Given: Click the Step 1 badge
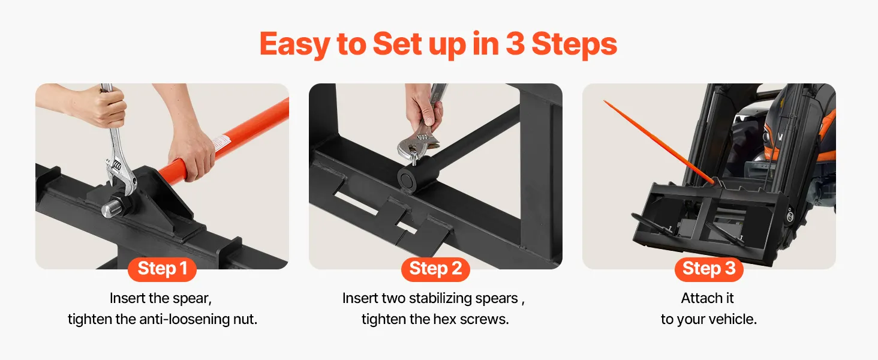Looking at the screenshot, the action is [x=162, y=269].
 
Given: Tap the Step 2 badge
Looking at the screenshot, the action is [x=435, y=269].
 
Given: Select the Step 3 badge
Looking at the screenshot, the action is [x=709, y=269].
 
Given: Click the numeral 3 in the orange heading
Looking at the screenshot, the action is [x=515, y=44].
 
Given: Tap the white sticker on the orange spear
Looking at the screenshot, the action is [x=221, y=143].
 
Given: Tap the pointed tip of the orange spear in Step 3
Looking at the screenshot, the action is [x=605, y=101].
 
